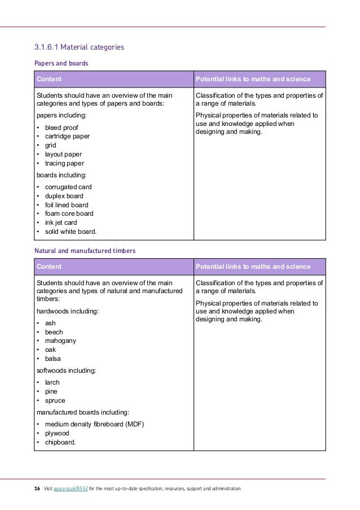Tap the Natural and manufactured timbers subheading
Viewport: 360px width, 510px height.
(x=85, y=249)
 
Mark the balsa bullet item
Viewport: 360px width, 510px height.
(x=53, y=359)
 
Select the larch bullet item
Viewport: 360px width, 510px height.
(x=52, y=382)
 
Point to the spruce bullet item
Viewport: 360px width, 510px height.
(x=55, y=400)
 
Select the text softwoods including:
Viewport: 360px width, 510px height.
(x=66, y=370)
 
